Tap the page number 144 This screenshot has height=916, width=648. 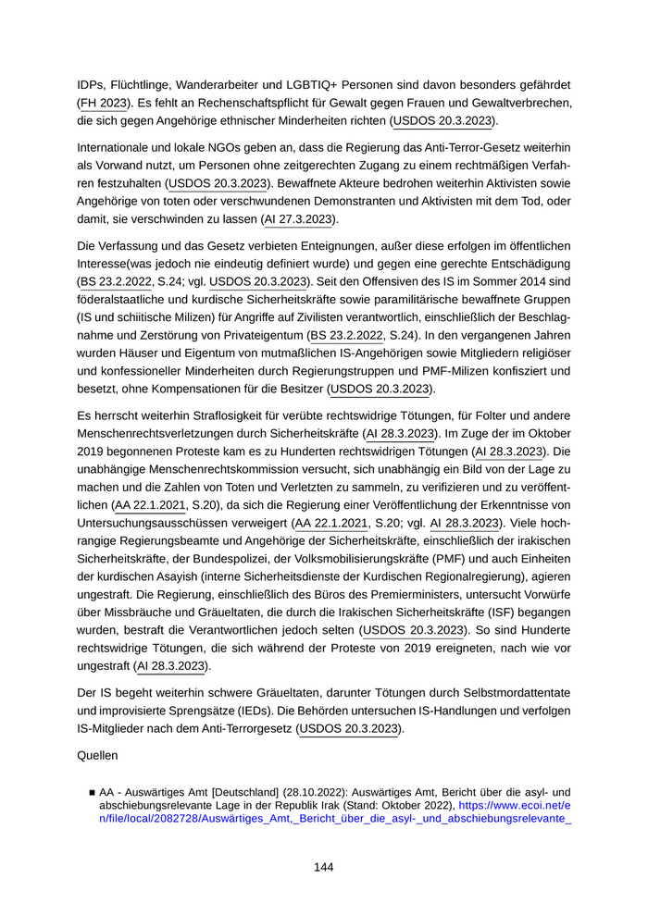(323, 867)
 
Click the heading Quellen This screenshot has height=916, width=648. (97, 755)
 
